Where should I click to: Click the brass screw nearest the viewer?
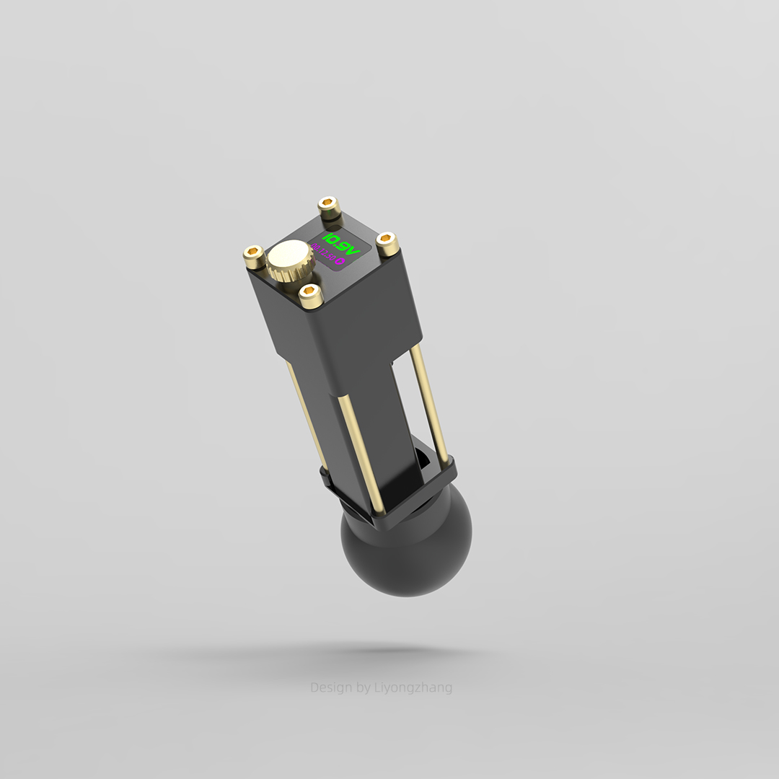pyautogui.click(x=310, y=295)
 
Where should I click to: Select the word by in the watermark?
pyautogui.click(x=364, y=687)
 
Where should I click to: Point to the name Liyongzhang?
pyautogui.click(x=413, y=687)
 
